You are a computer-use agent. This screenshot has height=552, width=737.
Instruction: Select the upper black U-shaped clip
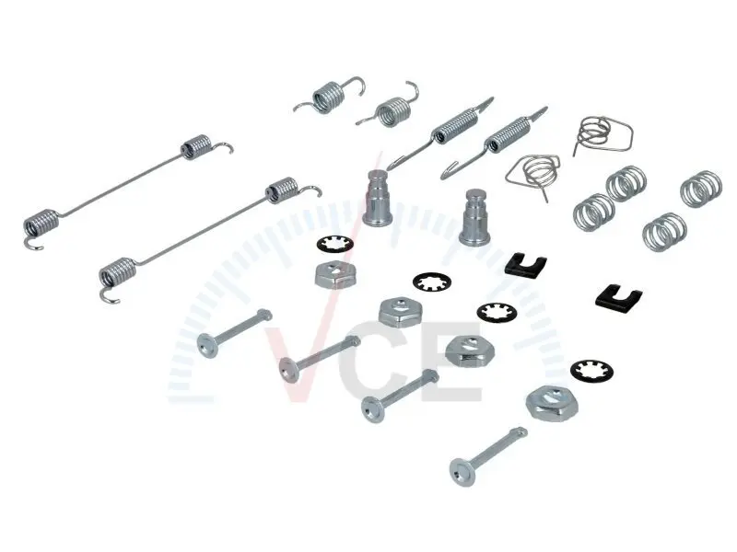pyautogui.click(x=526, y=264)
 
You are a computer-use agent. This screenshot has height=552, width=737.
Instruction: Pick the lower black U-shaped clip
pyautogui.click(x=618, y=296)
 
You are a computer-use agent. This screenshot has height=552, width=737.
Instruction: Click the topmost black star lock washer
pyautogui.click(x=334, y=245)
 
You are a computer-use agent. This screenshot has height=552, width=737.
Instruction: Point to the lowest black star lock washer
pyautogui.click(x=591, y=371)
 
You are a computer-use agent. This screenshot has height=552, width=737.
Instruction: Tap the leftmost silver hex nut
pyautogui.click(x=334, y=274)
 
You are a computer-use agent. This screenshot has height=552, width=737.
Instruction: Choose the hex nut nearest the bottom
pyautogui.click(x=552, y=403)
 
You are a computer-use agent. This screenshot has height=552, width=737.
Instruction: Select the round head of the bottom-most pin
pyautogui.click(x=462, y=472)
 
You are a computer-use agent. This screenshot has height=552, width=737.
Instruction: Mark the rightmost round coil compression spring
pyautogui.click(x=701, y=189)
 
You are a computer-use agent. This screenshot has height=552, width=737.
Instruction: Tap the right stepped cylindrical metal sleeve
pyautogui.click(x=474, y=217)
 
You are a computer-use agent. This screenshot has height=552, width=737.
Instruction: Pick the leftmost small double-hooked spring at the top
pyautogui.click(x=329, y=97)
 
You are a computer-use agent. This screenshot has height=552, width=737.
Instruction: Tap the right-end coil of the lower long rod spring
pyautogui.click(x=282, y=190)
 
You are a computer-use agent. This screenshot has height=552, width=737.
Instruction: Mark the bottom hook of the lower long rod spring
pyautogui.click(x=109, y=294)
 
